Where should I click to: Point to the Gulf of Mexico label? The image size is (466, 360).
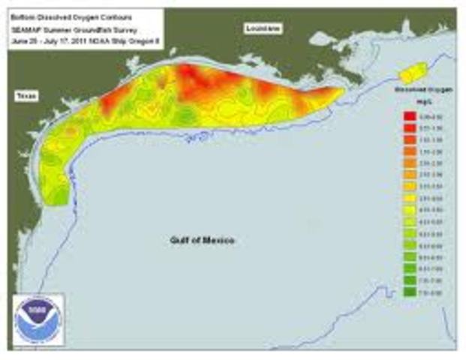coord(200,240)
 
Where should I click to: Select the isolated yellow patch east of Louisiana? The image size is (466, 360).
coord(413,73)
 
